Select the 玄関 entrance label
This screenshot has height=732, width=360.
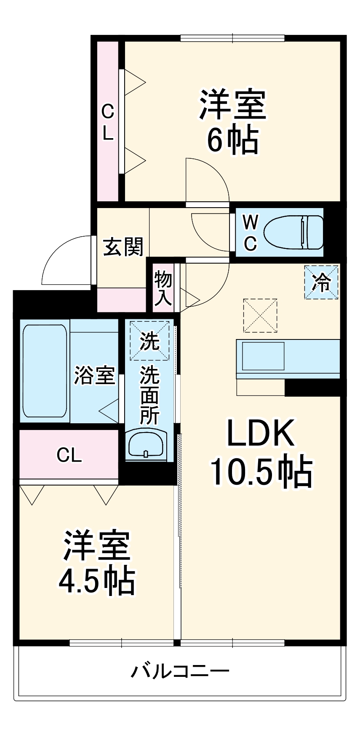coord(123,246)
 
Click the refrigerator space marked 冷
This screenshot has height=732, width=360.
coord(321,282)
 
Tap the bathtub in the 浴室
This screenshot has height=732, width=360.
coord(44,371)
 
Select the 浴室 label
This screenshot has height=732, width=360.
coord(95,375)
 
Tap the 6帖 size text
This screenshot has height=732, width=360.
coord(232,140)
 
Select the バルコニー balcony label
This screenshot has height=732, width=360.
coord(180,670)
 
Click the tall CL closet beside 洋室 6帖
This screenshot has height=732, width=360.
coord(108,122)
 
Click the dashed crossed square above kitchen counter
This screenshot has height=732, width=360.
coord(260,315)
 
